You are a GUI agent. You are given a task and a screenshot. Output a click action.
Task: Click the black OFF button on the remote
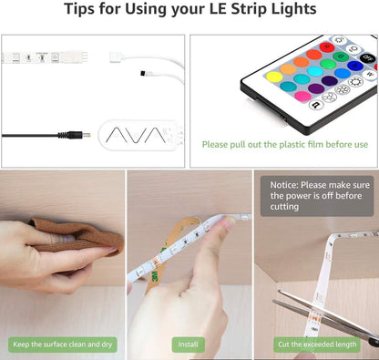[x=368, y=57]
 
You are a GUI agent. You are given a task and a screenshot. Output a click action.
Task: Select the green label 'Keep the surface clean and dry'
[x=62, y=345]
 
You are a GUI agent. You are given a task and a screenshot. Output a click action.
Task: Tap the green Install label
[x=188, y=345]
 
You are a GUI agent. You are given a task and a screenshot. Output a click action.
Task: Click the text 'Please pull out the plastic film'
[x=284, y=144]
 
